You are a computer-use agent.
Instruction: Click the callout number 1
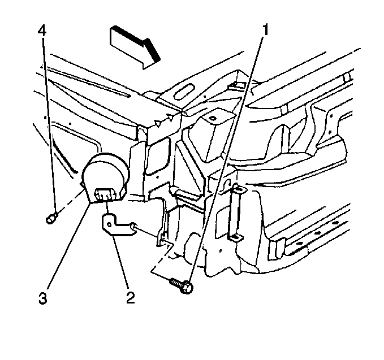(x=265, y=30)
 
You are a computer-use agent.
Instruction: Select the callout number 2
(x=130, y=298)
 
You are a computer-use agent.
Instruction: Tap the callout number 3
(x=42, y=298)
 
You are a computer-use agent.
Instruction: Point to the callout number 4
(x=42, y=31)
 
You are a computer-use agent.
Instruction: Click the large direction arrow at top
(x=135, y=47)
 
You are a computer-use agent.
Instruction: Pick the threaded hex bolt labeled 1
(x=182, y=285)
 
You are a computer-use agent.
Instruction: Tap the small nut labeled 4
(x=51, y=218)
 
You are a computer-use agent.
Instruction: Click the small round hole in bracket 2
(x=110, y=224)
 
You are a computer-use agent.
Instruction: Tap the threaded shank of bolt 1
(x=176, y=283)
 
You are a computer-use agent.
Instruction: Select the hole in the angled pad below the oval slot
(x=212, y=119)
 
